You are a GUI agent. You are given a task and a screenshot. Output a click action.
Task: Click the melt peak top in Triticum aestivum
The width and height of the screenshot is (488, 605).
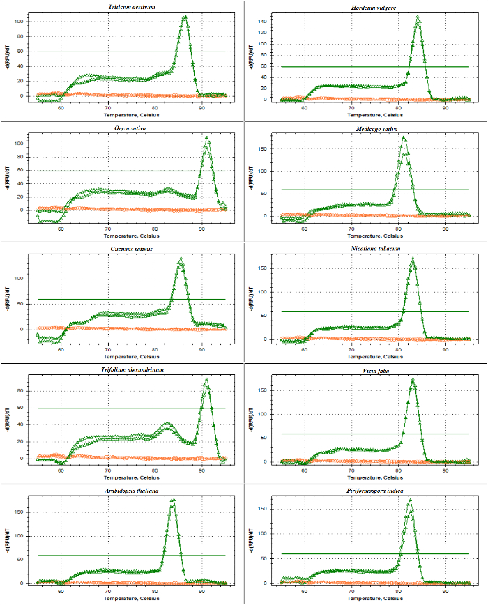[x=185, y=17]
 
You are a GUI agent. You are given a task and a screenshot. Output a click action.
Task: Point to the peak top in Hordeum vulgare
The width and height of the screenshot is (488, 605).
[x=418, y=17]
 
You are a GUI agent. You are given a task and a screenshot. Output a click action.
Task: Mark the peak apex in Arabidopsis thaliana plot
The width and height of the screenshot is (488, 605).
[x=173, y=500]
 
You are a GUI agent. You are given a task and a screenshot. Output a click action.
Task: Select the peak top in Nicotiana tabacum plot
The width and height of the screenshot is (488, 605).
[x=413, y=259]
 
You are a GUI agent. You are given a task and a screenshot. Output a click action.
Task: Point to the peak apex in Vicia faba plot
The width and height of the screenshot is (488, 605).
[x=413, y=380]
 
